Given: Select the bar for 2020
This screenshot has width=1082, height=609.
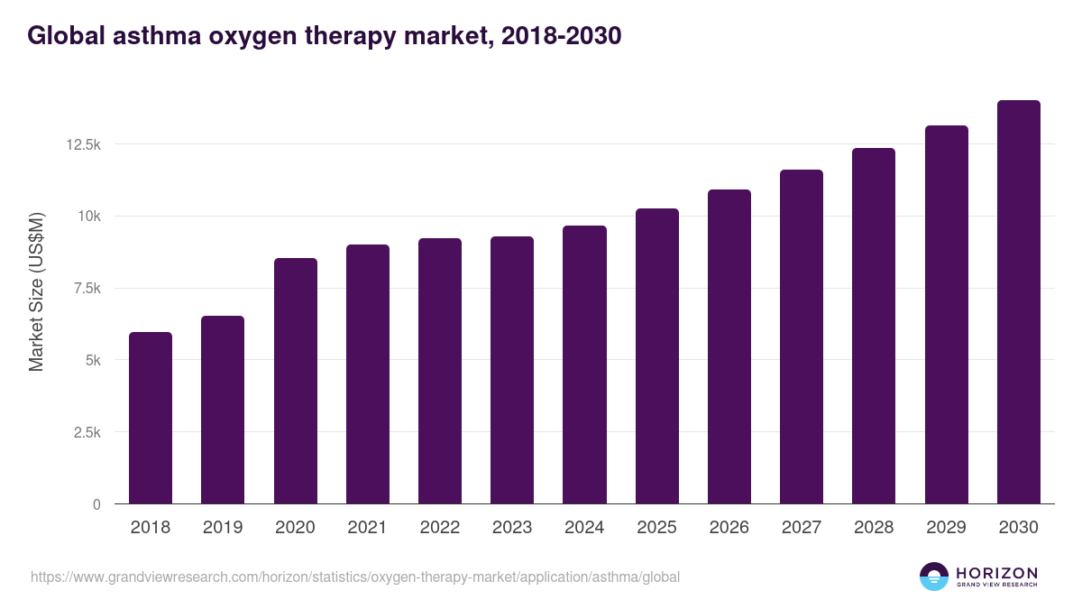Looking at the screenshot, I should pyautogui.click(x=296, y=381).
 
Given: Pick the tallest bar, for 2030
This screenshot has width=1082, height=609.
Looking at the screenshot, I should pyautogui.click(x=1019, y=302).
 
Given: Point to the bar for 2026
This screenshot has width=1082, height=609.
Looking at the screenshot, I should pyautogui.click(x=729, y=346).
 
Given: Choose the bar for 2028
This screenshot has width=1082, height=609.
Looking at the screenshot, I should pyautogui.click(x=874, y=326).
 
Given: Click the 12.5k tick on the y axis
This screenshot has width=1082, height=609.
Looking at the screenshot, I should pyautogui.click(x=81, y=144).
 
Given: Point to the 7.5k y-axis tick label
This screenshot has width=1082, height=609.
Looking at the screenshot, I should pyautogui.click(x=85, y=288).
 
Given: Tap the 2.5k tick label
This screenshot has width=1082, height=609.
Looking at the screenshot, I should pyautogui.click(x=85, y=432).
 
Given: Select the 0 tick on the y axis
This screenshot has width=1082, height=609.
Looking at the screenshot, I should pyautogui.click(x=96, y=504).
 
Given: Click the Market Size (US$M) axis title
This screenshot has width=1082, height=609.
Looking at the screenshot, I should pyautogui.click(x=36, y=291).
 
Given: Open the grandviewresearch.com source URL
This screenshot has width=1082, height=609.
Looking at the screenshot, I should pyautogui.click(x=355, y=577).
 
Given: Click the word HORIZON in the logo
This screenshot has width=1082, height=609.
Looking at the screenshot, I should pyautogui.click(x=996, y=573).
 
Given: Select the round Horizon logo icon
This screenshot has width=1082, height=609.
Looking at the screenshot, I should pyautogui.click(x=934, y=577).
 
